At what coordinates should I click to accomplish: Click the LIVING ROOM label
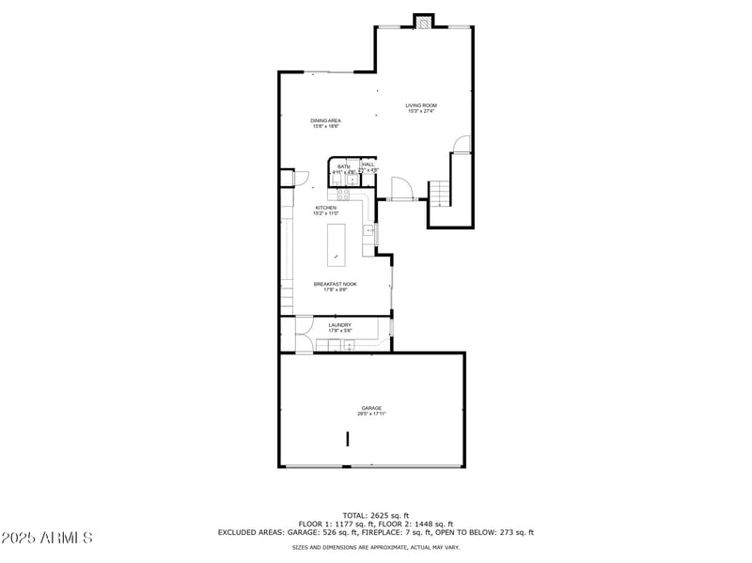tap(421, 105)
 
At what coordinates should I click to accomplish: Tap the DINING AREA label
tap(326, 120)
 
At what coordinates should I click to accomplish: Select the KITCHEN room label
tap(326, 208)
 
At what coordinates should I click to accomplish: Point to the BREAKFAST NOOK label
tap(335, 284)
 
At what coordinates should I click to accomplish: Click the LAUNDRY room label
tap(339, 325)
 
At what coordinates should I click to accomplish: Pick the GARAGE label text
tap(371, 408)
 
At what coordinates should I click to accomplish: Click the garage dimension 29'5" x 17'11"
tap(371, 414)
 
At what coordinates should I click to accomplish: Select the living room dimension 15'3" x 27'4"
tap(422, 112)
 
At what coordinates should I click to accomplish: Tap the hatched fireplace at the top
tap(425, 21)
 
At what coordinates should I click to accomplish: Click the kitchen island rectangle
tap(336, 245)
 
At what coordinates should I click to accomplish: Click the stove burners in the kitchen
tap(344, 195)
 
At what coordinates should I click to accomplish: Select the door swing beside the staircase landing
tap(460, 144)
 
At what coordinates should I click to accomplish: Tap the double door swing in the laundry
tap(305, 335)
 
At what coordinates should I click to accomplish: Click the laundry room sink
tap(348, 346)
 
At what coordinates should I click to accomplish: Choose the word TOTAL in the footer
tap(354, 515)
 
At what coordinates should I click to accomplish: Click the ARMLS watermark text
tap(47, 538)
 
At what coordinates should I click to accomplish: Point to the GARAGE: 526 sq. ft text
tap(307, 532)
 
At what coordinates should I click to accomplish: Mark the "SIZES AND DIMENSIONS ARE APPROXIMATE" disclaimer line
tap(375, 547)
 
